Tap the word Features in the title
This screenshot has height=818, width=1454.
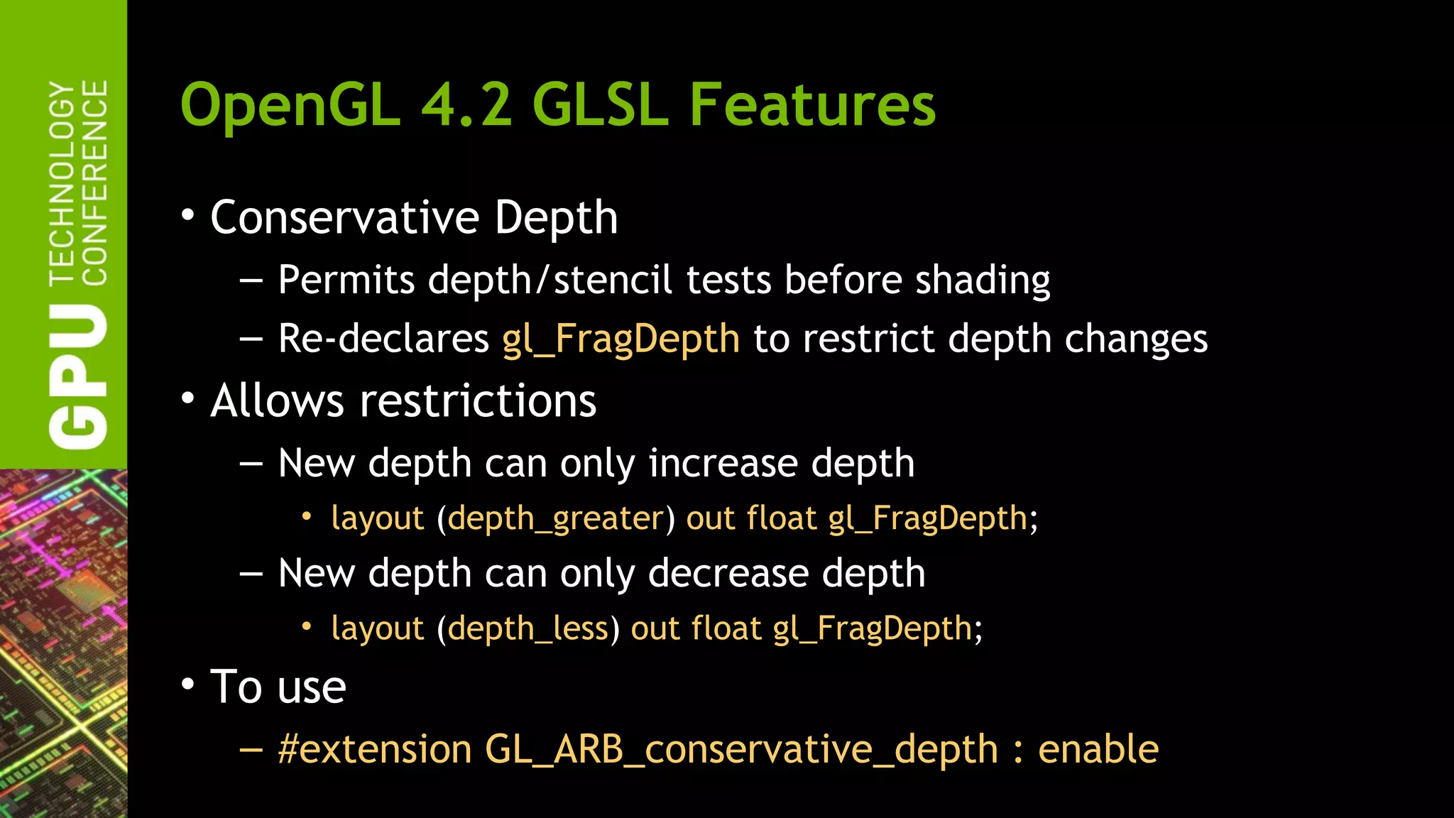pos(812,105)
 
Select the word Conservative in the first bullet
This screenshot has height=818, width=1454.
pos(345,217)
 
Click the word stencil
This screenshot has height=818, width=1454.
pos(612,280)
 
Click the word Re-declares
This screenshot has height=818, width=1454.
pos(383,339)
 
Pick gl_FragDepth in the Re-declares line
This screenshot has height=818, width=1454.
pos(621,339)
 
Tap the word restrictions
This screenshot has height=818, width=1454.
pos(478,401)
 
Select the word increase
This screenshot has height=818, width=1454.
pos(723,464)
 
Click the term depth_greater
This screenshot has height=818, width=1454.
pos(556,519)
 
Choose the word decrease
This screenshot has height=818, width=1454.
pos(728,574)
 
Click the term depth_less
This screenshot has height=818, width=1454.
pos(528,629)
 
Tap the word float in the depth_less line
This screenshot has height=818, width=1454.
pos(726,629)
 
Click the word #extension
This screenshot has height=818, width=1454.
pos(375,750)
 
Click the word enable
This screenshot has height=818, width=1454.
pos(1098,750)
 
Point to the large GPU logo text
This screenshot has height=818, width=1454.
pos(78,376)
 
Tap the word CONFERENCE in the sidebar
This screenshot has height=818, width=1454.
pos(95,182)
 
